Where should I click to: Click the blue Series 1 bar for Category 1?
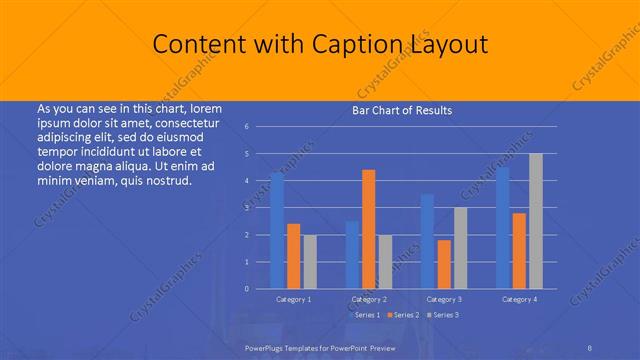pyautogui.click(x=277, y=231)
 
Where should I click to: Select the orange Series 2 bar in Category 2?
pyautogui.click(x=368, y=229)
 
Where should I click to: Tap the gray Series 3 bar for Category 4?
pyautogui.click(x=535, y=221)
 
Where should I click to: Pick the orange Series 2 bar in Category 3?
pyautogui.click(x=443, y=264)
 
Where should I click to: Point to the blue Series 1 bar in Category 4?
pyautogui.click(x=502, y=228)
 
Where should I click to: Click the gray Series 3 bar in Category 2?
pyautogui.click(x=385, y=262)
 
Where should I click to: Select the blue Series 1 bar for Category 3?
pyautogui.click(x=427, y=241)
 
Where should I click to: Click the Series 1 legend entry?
pyautogui.click(x=365, y=315)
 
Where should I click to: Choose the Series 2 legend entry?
pyautogui.click(x=404, y=315)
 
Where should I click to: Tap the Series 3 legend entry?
pyautogui.click(x=444, y=315)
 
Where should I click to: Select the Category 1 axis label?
pyautogui.click(x=294, y=299)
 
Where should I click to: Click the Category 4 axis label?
pyautogui.click(x=519, y=299)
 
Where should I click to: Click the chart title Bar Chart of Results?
pyautogui.click(x=402, y=110)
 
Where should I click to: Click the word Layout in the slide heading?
pyautogui.click(x=450, y=45)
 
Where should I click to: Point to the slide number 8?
pyautogui.click(x=590, y=346)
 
